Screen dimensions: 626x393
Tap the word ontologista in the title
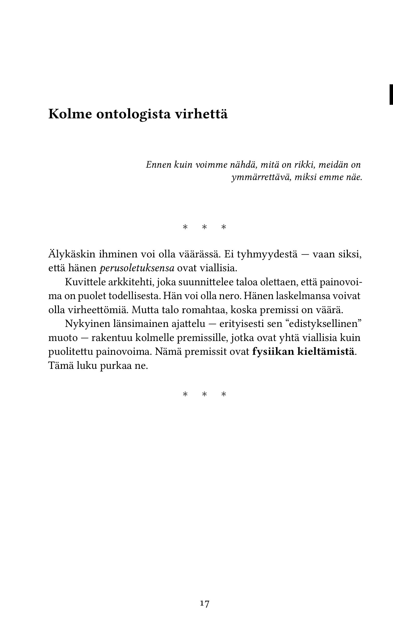133,114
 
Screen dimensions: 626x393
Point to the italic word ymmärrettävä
261,178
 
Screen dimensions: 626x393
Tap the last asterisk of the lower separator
224,394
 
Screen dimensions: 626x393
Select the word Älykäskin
72,254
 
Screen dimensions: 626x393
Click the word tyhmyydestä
267,254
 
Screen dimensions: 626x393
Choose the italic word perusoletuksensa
137,268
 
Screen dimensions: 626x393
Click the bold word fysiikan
273,352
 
